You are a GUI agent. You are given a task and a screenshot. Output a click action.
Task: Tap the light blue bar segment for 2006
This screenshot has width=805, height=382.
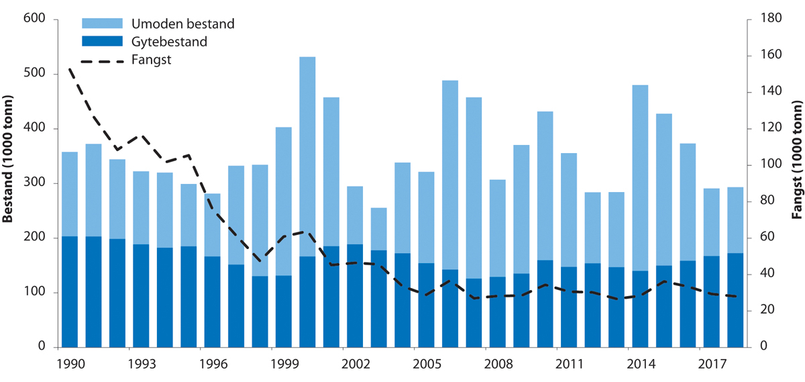coord(450,175)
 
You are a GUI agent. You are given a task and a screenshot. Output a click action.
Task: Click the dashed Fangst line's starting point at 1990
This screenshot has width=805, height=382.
coord(69,69)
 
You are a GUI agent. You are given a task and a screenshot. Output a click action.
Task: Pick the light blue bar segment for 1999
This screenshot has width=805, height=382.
coord(284,201)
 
